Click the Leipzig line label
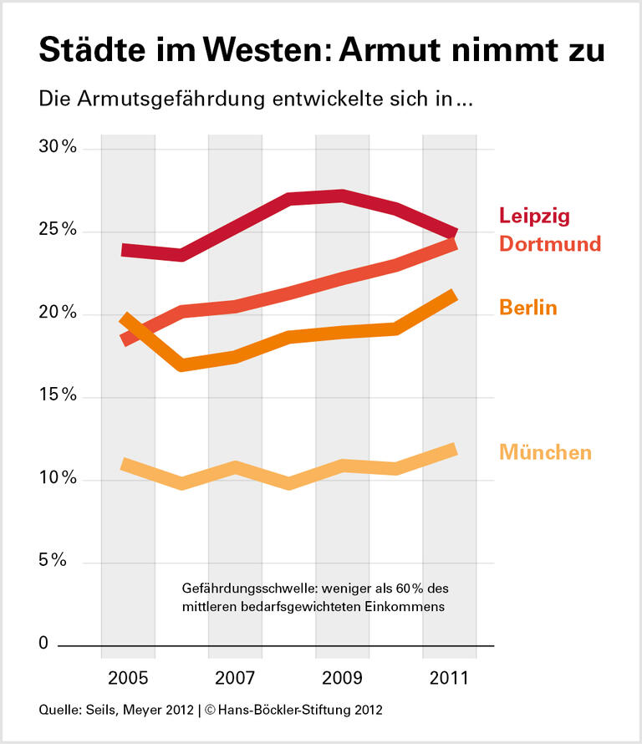[534, 216]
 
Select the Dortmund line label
[550, 244]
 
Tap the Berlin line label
[528, 308]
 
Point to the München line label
[545, 452]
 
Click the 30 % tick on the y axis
[58, 148]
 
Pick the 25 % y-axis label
[58, 231]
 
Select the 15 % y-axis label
[58, 396]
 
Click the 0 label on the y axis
[43, 645]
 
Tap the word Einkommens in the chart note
[407, 606]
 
